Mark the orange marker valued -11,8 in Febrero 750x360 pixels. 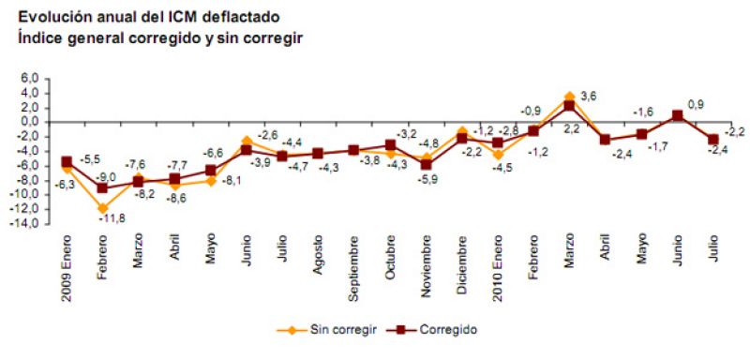pyautogui.click(x=102, y=208)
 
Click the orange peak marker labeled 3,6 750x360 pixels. pyautogui.click(x=570, y=97)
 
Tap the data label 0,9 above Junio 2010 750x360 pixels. pyautogui.click(x=696, y=103)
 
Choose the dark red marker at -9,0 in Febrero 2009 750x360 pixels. pyautogui.click(x=102, y=187)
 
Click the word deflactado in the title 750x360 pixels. pyautogui.click(x=244, y=17)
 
